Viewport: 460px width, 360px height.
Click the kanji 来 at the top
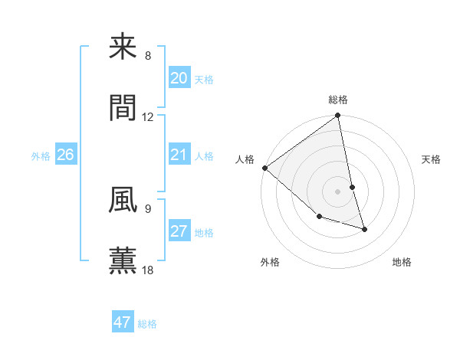click(123, 47)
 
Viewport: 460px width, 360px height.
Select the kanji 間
click(123, 108)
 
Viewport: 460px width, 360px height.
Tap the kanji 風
click(123, 200)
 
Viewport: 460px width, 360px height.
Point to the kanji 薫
click(123, 260)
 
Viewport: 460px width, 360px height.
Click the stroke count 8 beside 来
click(148, 56)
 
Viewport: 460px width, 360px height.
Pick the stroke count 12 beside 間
click(148, 117)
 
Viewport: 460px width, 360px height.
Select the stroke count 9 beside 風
click(148, 208)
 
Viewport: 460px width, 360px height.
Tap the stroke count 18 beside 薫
click(148, 270)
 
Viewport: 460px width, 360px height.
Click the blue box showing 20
click(179, 78)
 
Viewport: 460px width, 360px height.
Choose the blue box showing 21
click(179, 155)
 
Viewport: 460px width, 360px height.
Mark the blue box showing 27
click(179, 231)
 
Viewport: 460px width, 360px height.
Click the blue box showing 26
click(66, 155)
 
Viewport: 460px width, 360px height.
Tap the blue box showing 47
click(123, 322)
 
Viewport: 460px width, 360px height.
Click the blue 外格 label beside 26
click(41, 156)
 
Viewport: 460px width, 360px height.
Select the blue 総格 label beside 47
click(148, 324)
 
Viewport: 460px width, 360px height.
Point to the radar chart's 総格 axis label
click(338, 100)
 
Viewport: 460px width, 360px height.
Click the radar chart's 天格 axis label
click(432, 159)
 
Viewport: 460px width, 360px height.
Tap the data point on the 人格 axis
click(264, 168)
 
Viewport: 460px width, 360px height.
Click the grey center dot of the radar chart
click(338, 191)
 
